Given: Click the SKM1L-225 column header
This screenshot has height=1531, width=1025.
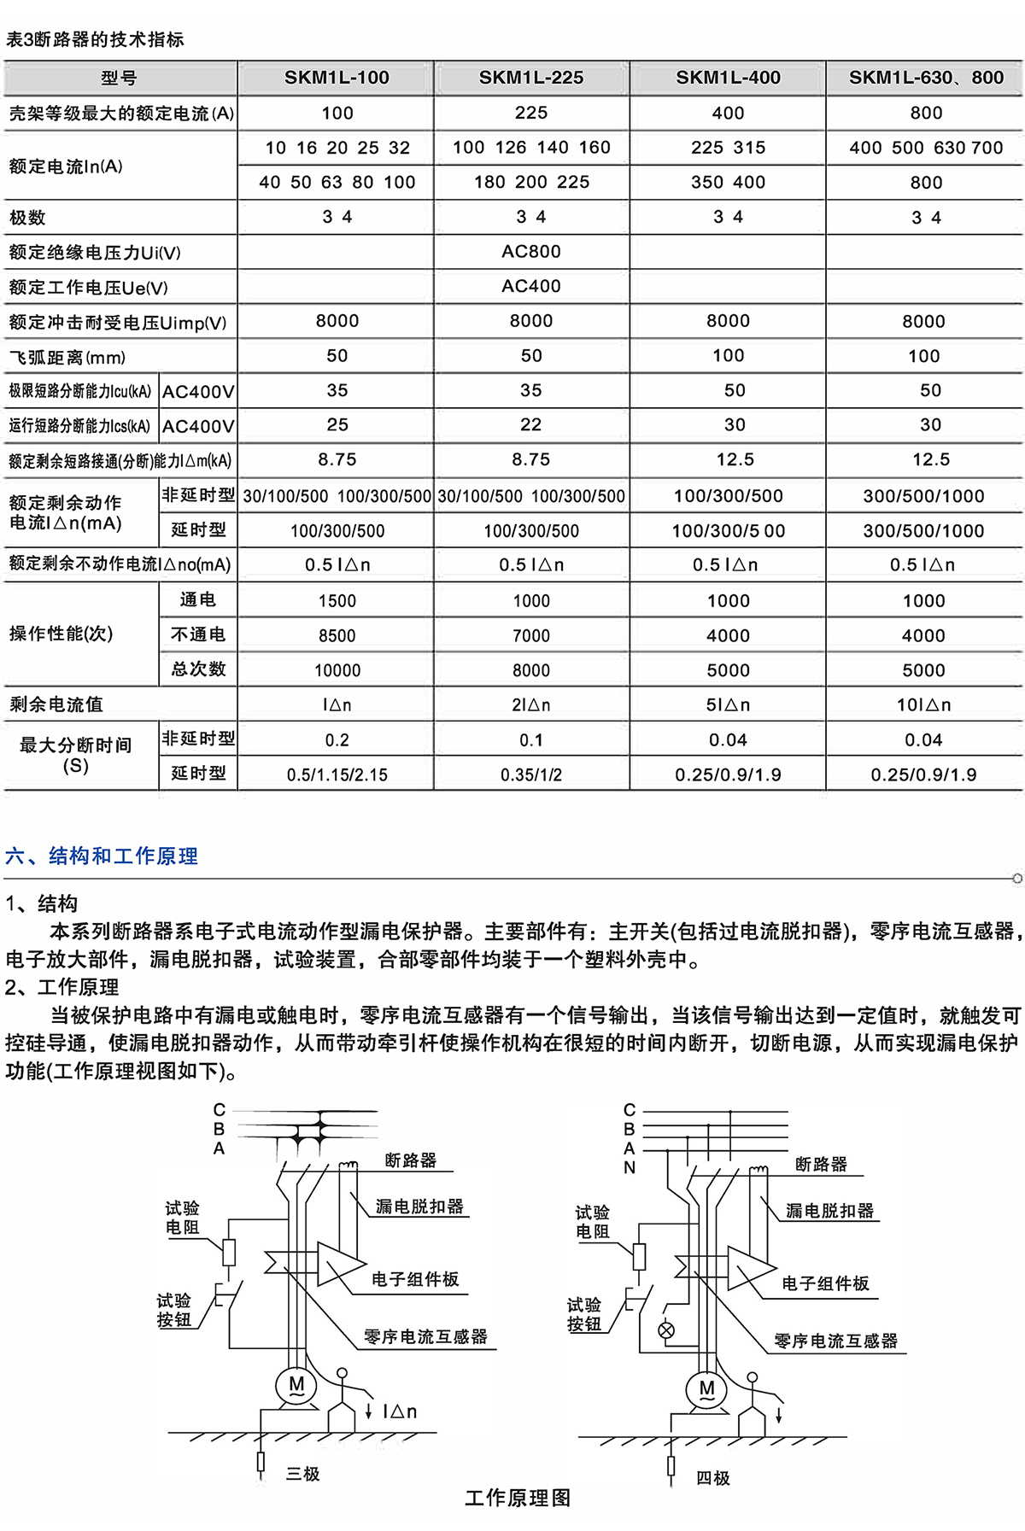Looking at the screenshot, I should click(531, 78).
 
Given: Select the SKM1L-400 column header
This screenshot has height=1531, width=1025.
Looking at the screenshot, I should click(728, 78).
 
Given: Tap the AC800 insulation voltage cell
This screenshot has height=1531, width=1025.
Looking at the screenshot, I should click(531, 252).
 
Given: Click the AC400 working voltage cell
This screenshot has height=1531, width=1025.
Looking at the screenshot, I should click(531, 287).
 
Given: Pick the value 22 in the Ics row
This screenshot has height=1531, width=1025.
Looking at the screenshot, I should click(531, 424).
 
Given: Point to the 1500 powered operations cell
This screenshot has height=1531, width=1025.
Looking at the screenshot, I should click(337, 600).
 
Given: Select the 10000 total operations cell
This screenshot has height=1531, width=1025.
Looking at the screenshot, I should click(337, 670).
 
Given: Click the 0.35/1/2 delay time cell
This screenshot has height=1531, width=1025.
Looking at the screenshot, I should click(531, 774).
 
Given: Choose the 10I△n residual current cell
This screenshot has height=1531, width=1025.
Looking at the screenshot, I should click(923, 704).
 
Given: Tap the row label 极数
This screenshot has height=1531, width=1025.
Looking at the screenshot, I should click(27, 218).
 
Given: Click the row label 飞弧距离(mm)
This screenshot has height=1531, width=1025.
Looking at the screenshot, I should click(67, 357).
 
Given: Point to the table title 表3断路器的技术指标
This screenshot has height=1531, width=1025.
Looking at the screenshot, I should click(95, 39).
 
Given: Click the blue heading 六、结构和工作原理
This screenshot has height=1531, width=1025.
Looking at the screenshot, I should click(102, 856).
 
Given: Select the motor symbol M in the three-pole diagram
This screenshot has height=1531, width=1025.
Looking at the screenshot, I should click(296, 1385).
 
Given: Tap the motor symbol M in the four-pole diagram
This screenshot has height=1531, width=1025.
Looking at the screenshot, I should click(706, 1389).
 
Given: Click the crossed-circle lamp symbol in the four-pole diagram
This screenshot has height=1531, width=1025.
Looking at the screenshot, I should click(666, 1329).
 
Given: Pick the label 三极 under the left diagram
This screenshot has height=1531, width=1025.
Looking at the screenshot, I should click(303, 1474).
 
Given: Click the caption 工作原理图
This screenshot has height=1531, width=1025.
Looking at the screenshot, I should click(518, 1499).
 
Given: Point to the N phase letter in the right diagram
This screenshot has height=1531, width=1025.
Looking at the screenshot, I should click(630, 1167).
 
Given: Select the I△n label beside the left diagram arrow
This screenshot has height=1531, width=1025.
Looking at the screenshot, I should click(400, 1411).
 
